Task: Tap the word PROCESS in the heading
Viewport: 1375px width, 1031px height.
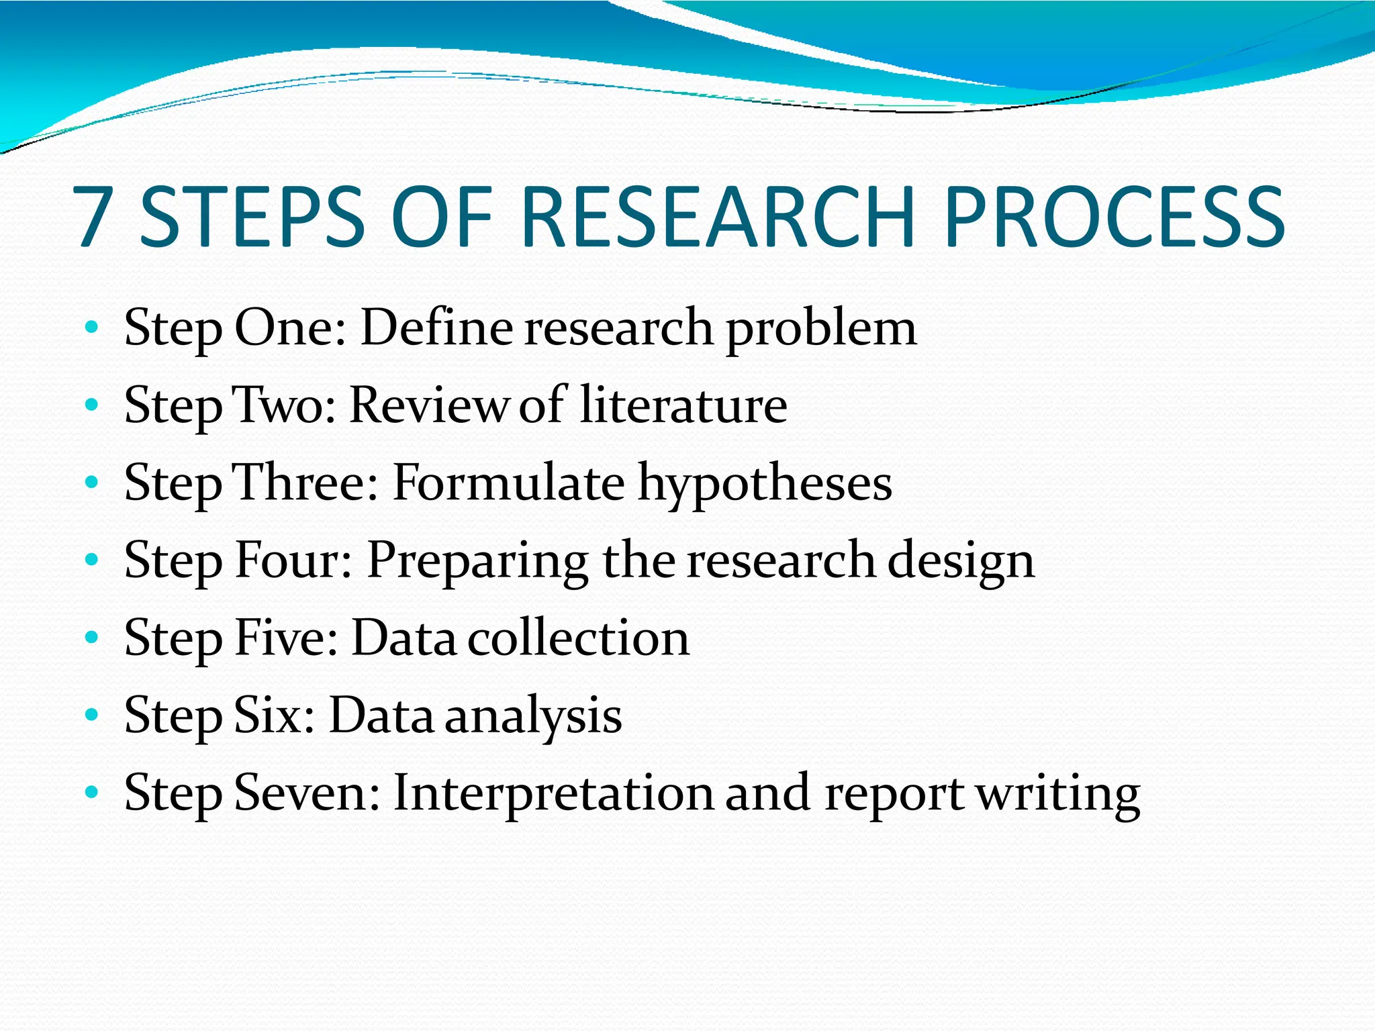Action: click(x=1114, y=216)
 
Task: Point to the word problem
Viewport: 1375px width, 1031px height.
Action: click(x=821, y=330)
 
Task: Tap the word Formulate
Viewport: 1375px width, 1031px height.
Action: click(x=508, y=483)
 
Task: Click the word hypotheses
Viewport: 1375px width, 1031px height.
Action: click(x=765, y=486)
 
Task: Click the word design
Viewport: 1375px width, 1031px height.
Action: click(x=961, y=562)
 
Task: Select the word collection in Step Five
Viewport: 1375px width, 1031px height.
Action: click(x=578, y=638)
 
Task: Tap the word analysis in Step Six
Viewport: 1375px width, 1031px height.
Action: click(x=534, y=717)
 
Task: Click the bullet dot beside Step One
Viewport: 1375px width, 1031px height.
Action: click(x=92, y=328)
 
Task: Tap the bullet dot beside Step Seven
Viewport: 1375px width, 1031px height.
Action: click(x=92, y=793)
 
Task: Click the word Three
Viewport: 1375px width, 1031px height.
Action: click(x=305, y=483)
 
